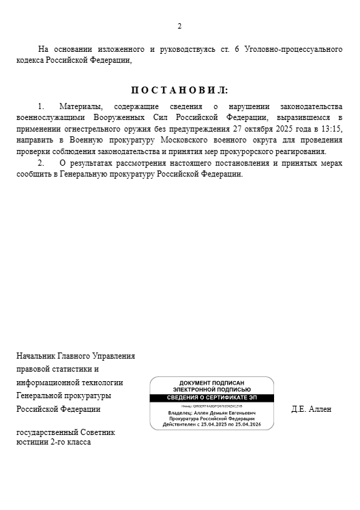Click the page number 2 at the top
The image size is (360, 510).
point(179,27)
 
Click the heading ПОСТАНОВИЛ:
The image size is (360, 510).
point(180,90)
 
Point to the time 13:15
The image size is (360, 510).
point(332,129)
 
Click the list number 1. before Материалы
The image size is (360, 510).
point(41,107)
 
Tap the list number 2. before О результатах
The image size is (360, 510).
point(41,163)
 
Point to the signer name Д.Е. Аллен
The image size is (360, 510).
point(311,409)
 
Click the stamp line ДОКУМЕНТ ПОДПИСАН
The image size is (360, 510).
point(211,383)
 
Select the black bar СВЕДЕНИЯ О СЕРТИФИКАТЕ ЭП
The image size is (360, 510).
point(211,397)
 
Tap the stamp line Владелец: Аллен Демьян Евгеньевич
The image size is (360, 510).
point(211,413)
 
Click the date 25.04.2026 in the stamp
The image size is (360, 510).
point(245,424)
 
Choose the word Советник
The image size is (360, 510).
point(98,432)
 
